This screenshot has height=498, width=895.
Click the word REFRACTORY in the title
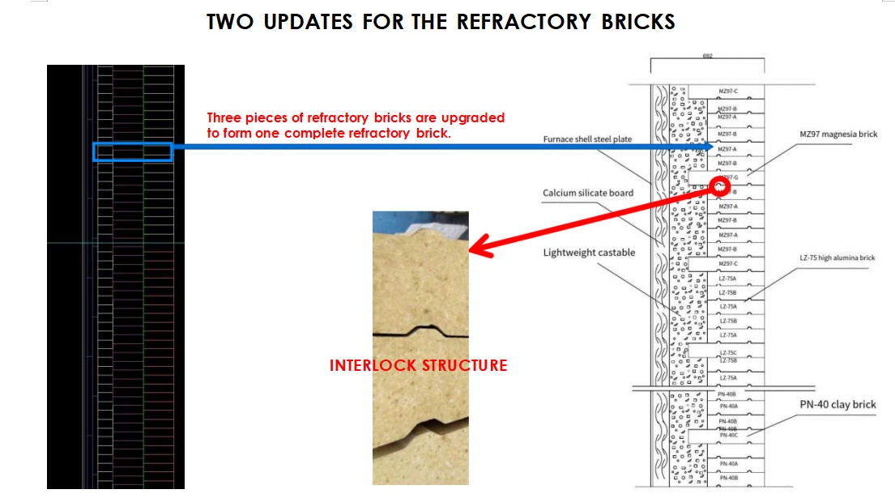click(507, 22)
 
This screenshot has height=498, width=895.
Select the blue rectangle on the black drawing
click(133, 151)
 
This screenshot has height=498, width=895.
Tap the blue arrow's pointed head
click(710, 147)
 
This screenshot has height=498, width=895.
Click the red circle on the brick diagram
click(719, 185)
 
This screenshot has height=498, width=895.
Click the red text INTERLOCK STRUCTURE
click(418, 365)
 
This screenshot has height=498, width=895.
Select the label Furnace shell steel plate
click(587, 139)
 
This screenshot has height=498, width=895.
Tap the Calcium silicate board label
click(588, 193)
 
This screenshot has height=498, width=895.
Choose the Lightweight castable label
click(589, 253)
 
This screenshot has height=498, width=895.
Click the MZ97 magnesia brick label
click(837, 134)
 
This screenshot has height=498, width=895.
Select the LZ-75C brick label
click(727, 352)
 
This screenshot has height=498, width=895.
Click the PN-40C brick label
click(727, 436)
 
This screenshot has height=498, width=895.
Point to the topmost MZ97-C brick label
click(727, 91)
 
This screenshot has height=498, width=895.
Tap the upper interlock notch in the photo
click(421, 331)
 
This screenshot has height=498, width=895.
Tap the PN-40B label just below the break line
click(727, 394)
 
